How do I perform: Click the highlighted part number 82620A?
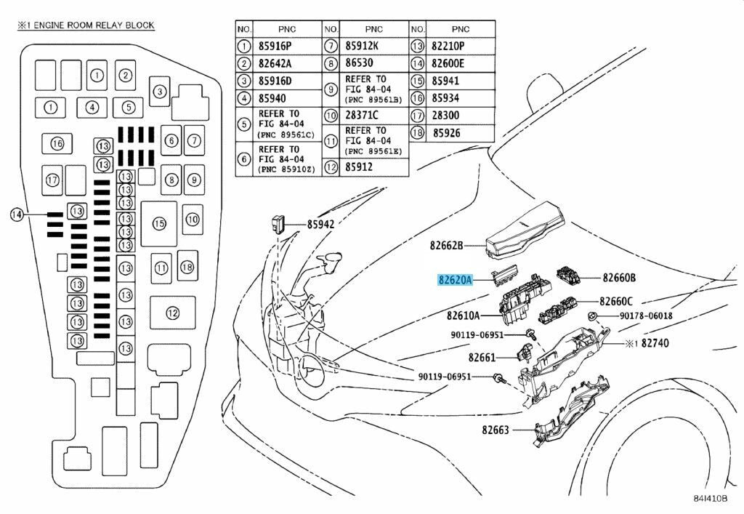pos(455,280)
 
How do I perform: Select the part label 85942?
pos(320,225)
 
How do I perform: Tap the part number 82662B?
pos(446,246)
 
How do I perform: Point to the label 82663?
pos(495,430)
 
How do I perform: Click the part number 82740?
pos(655,343)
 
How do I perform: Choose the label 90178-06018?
pos(646,316)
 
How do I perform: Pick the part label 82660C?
pos(616,302)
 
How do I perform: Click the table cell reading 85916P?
pos(275,46)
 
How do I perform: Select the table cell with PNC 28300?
pos(445,116)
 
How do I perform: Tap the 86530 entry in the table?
pos(359,63)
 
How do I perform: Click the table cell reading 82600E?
pos(448,63)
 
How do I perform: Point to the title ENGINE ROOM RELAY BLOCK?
pos(94,25)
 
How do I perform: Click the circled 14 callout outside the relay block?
pos(17,215)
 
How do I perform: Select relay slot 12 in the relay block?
pos(173,313)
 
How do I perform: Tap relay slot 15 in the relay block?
pos(159,223)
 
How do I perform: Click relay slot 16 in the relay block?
pos(57,143)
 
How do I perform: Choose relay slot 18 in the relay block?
pos(187,267)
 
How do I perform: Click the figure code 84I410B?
pos(711,498)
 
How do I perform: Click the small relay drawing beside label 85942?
pos(278,224)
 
